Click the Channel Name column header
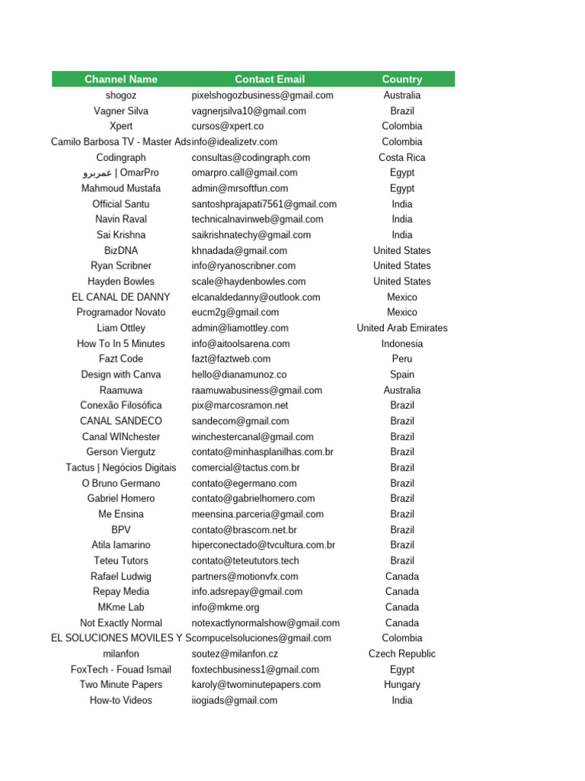point(121,79)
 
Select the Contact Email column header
point(270,79)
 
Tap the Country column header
point(402,79)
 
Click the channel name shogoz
point(121,95)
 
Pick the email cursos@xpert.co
point(228,126)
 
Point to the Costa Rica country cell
point(402,157)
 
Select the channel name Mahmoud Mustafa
point(121,188)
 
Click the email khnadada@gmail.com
point(239,250)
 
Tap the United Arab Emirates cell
point(402,328)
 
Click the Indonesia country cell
point(402,343)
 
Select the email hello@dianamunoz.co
point(239,374)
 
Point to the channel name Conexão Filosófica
point(121,405)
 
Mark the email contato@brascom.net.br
point(245,529)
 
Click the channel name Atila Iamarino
point(121,545)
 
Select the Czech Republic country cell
point(402,654)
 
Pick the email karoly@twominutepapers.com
point(256,684)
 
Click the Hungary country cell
point(402,684)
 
